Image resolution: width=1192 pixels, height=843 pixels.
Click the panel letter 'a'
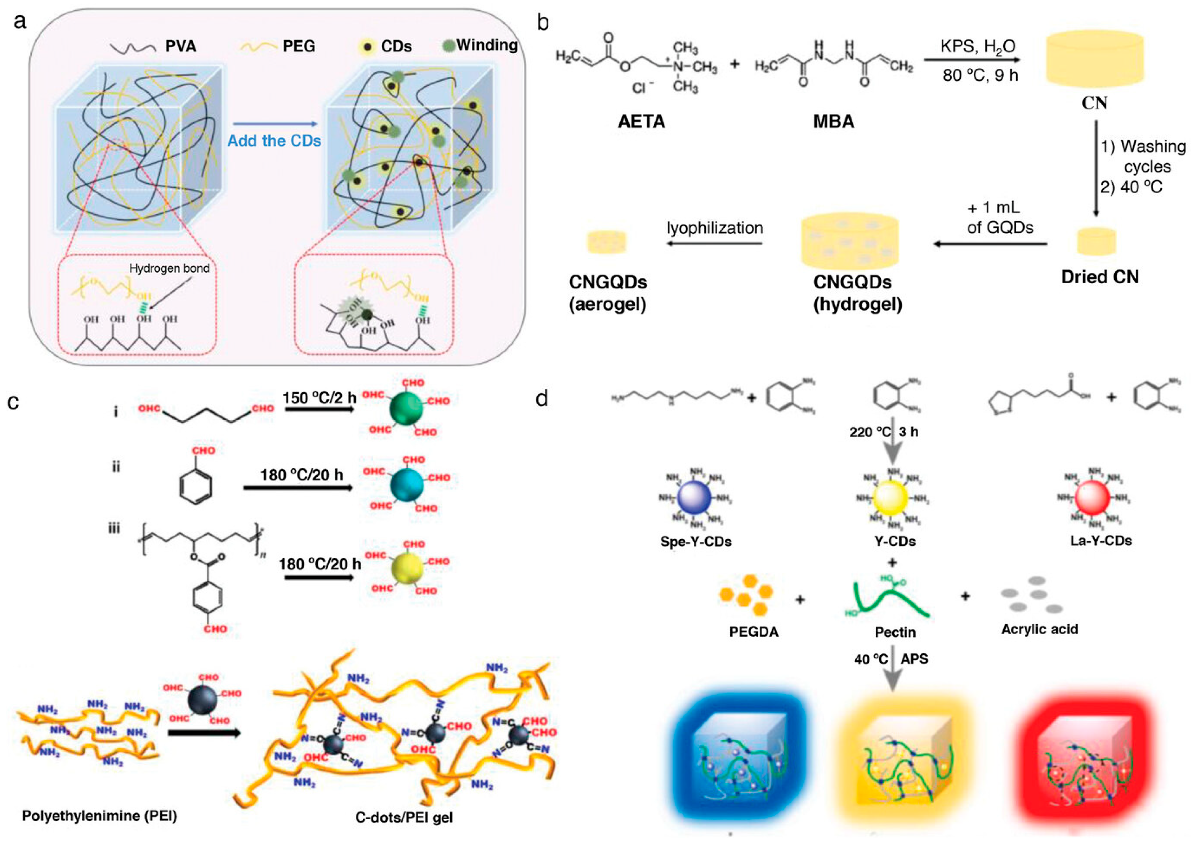pos(20,22)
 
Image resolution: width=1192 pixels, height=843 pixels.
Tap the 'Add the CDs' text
pos(274,141)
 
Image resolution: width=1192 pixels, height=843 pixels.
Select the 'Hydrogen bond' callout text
pos(169,269)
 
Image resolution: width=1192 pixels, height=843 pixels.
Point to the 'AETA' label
pos(641,121)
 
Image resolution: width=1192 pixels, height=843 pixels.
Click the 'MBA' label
pos(834,121)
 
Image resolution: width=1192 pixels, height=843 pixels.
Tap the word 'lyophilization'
pos(715,228)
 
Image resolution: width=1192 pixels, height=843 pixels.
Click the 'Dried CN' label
pos(1099,277)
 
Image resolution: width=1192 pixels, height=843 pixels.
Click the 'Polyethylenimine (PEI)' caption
pos(99,816)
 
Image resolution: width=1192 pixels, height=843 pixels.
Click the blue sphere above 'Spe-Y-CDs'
pos(694,498)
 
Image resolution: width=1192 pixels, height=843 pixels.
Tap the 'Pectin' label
pos(895,632)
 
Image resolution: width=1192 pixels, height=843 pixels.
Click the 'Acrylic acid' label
pos(1039,629)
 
